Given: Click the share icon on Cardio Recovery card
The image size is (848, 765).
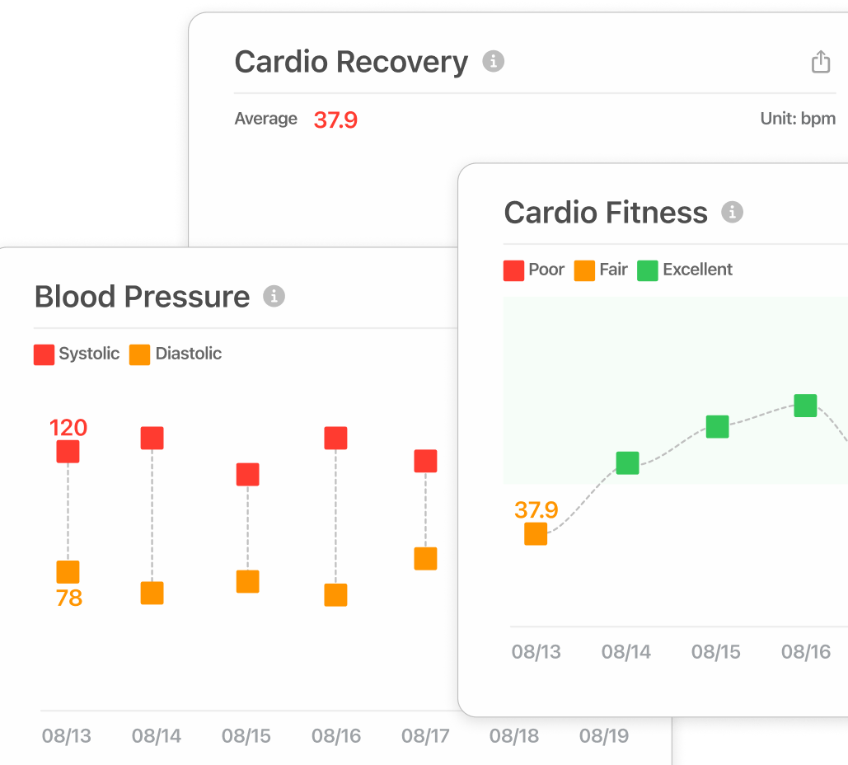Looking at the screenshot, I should point(820,62).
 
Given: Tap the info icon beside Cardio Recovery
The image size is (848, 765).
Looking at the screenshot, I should point(493,61).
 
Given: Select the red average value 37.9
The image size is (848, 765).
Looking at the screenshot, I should point(335,120).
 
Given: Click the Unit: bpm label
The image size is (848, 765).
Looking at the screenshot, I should point(797,119).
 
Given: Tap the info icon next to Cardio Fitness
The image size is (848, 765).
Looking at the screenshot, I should point(732,212).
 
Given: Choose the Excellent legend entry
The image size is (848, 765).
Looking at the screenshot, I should point(685,270).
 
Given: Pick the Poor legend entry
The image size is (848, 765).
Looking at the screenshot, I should point(534,270).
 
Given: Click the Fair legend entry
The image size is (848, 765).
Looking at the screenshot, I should point(601,270).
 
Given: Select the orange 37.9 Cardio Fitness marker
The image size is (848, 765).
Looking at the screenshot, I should point(536,533).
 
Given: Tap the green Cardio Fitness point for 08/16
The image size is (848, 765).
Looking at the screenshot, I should point(805,406).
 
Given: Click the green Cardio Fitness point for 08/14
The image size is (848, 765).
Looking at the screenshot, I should point(627,463).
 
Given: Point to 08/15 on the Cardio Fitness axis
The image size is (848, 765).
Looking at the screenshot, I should point(715,652).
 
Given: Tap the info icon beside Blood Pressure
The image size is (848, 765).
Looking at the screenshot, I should point(274,296).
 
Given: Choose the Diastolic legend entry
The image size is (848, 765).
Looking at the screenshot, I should point(176,354).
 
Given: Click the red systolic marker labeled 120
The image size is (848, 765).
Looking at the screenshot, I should point(68,452).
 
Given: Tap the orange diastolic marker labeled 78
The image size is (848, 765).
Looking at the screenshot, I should point(68,572).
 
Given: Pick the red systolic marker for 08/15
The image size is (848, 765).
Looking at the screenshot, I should point(247,474).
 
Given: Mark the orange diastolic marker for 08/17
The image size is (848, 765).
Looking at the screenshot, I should point(425,558).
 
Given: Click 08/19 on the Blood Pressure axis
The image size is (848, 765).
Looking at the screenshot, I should point(603,736).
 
